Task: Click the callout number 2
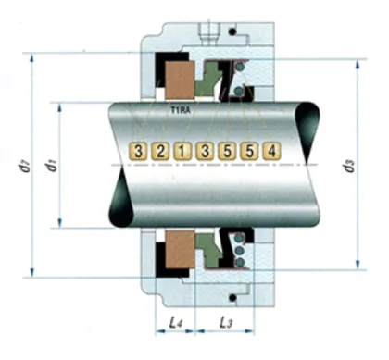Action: pos(159,150)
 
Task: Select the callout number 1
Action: pos(182,150)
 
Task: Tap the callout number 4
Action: pos(270,150)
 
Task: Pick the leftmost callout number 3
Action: pos(138,150)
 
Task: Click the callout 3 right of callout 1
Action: pos(204,150)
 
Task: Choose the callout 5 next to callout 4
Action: pos(248,150)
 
